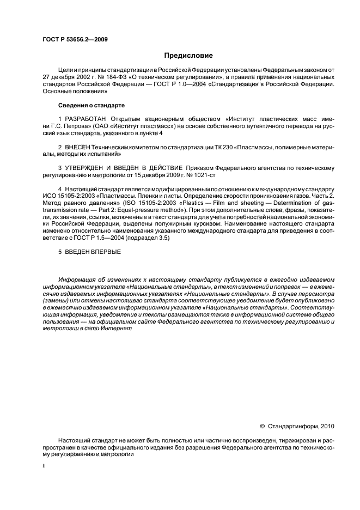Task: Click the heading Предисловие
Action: pyautogui.click(x=188, y=55)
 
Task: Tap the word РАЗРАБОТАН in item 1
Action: pyautogui.click(x=85, y=119)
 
